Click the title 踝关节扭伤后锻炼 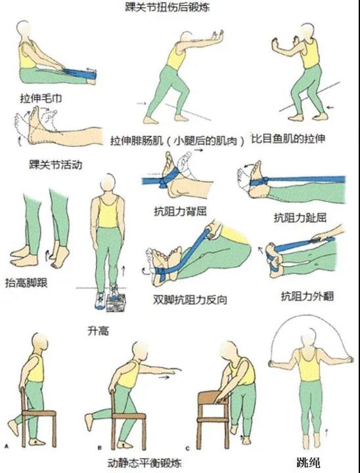tap(168, 7)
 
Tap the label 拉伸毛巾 tap(41, 99)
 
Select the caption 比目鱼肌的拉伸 tap(288, 139)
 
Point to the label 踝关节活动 tap(56, 165)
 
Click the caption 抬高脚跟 tap(26, 282)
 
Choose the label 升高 tap(98, 331)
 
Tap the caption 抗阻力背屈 tap(180, 212)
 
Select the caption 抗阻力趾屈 tap(300, 217)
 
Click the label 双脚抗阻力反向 tap(190, 300)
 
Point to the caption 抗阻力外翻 tap(307, 296)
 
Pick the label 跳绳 tap(307, 462)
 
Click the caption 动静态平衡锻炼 tap(145, 463)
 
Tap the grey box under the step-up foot tap(116, 303)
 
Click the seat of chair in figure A tap(39, 413)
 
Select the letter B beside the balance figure tap(100, 449)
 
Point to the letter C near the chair tap(188, 449)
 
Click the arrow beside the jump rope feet tap(326, 433)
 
